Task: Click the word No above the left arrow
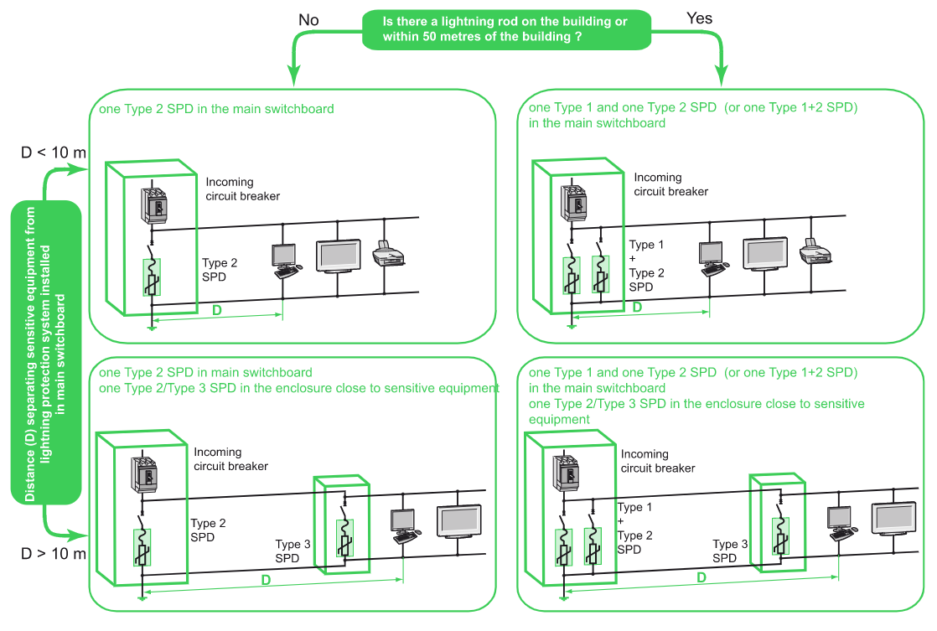308,18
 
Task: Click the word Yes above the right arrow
699,18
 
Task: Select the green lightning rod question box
506,29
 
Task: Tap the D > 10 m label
54,554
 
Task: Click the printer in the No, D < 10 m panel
387,251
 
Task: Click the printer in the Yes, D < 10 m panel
815,250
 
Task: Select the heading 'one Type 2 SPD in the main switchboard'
216,109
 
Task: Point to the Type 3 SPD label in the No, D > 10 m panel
292,551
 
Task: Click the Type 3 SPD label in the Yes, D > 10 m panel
730,551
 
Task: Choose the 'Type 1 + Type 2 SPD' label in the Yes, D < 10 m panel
646,266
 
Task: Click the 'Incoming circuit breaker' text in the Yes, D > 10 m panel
657,461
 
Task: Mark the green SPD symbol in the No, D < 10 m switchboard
152,277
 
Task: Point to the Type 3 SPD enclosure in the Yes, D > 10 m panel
777,524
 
